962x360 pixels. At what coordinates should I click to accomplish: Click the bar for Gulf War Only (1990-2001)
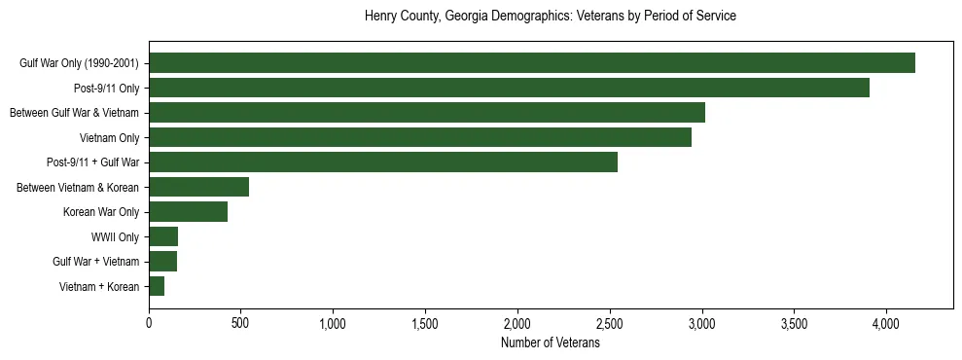pos(532,63)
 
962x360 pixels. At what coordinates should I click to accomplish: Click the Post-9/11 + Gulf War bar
pos(383,162)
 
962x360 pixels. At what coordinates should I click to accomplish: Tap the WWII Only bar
pos(163,236)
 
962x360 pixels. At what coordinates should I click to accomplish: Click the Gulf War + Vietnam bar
pos(162,262)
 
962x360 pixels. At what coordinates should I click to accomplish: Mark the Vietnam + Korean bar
pos(157,286)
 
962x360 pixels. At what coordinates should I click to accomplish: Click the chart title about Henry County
pos(550,17)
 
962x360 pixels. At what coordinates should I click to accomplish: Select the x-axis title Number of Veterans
pos(550,343)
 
